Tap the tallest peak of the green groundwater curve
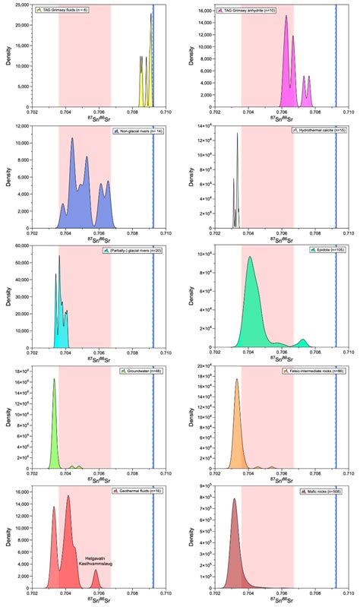(x=54, y=380)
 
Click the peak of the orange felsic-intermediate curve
(x=237, y=380)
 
